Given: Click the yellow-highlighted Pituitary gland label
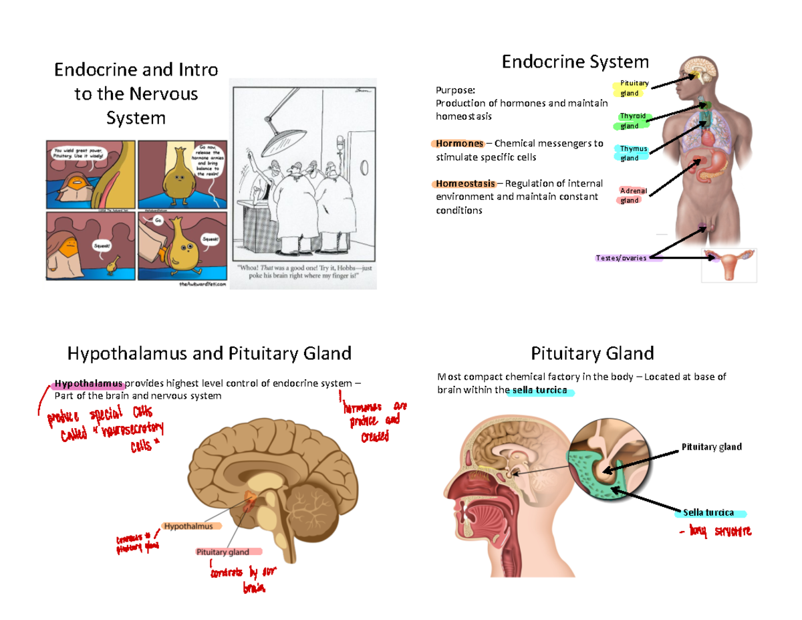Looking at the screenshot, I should [630, 88].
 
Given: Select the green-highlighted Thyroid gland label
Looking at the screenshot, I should [630, 120].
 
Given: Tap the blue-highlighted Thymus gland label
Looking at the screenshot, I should [630, 153].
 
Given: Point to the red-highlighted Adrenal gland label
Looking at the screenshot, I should [630, 195].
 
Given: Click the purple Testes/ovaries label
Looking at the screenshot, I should [622, 258].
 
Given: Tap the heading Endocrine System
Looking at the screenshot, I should [575, 62].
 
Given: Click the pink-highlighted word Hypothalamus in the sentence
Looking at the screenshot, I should [89, 383].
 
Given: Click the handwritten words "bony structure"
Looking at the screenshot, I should [715, 532].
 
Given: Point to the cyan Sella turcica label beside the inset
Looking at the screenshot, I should [708, 513].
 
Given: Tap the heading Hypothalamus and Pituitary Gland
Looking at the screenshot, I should [209, 352].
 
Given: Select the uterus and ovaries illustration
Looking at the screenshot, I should [729, 265].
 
